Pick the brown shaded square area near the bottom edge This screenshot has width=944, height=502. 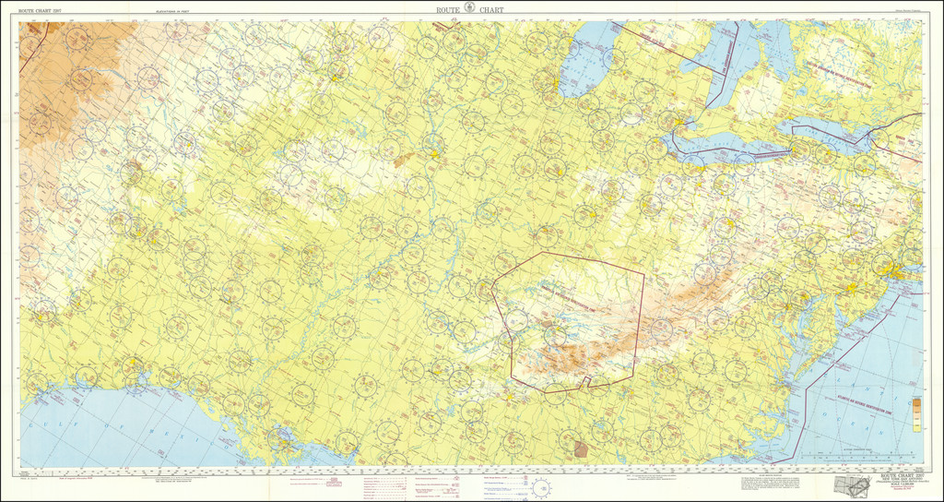[580, 449]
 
